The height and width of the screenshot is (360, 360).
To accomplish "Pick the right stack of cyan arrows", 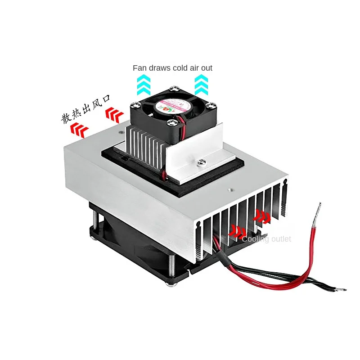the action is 201,85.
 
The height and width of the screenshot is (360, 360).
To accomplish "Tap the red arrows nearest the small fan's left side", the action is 113,115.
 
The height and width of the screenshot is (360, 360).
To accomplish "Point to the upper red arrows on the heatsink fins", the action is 262,216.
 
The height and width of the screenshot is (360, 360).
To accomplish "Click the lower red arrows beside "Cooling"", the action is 237,231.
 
